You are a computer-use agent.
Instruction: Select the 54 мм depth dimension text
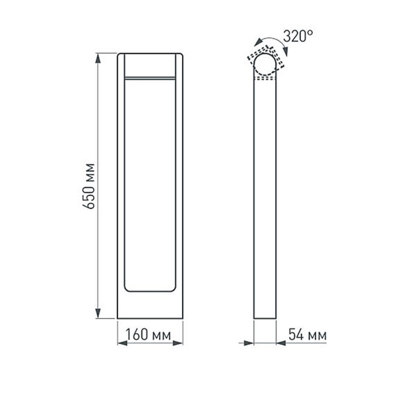tap(308, 337)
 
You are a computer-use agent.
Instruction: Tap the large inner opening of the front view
tap(149, 185)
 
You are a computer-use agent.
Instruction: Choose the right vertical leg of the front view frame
tap(178, 185)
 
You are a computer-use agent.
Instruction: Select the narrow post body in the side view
tap(265, 198)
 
